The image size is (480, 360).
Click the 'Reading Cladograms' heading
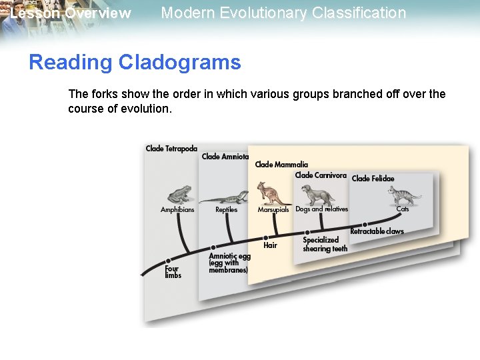coord(135,63)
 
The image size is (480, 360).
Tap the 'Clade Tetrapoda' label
coord(171,149)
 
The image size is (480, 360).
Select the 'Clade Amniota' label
coord(225,157)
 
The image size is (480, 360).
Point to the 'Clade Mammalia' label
coord(281,165)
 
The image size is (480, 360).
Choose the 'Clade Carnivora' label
coord(321,175)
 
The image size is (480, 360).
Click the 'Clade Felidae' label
coord(373,179)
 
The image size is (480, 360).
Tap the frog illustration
coord(179,194)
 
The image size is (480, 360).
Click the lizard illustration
coord(225,197)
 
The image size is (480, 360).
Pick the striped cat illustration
coord(404,196)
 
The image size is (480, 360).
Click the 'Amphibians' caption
coord(177,210)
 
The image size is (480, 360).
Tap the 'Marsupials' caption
coord(273,210)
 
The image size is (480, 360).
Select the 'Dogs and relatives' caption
coord(321,209)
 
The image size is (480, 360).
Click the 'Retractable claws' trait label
coord(377,231)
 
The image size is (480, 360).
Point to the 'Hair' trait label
coord(270,245)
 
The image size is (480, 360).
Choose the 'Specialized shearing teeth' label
coord(325,244)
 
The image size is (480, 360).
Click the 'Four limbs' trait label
coord(173,272)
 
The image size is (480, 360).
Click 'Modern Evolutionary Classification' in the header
coord(283,13)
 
